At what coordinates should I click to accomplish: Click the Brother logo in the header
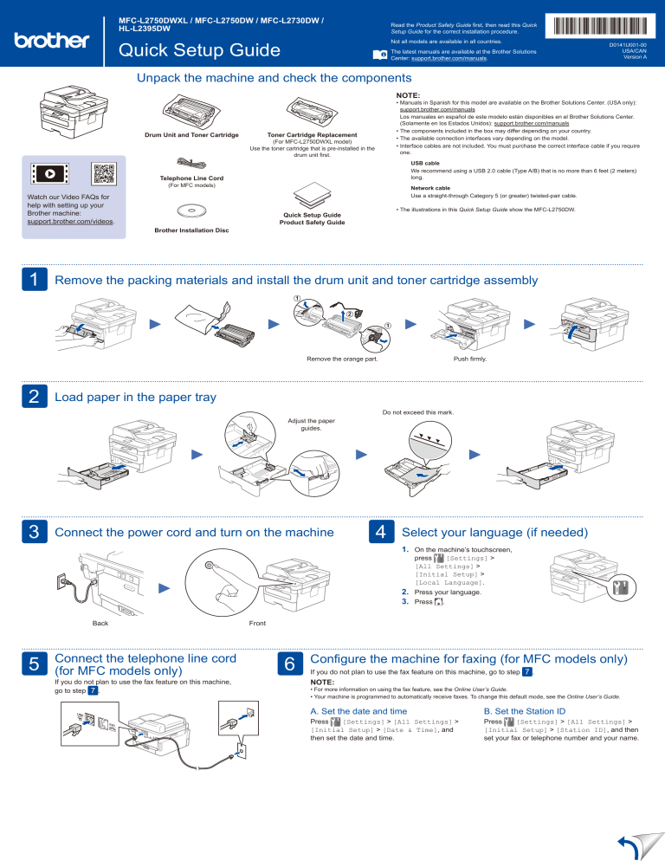51,40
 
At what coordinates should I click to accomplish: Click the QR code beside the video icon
103,173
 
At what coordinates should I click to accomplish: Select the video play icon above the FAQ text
49,173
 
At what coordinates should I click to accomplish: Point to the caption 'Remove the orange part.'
342,358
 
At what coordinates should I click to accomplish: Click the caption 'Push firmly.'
469,358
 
